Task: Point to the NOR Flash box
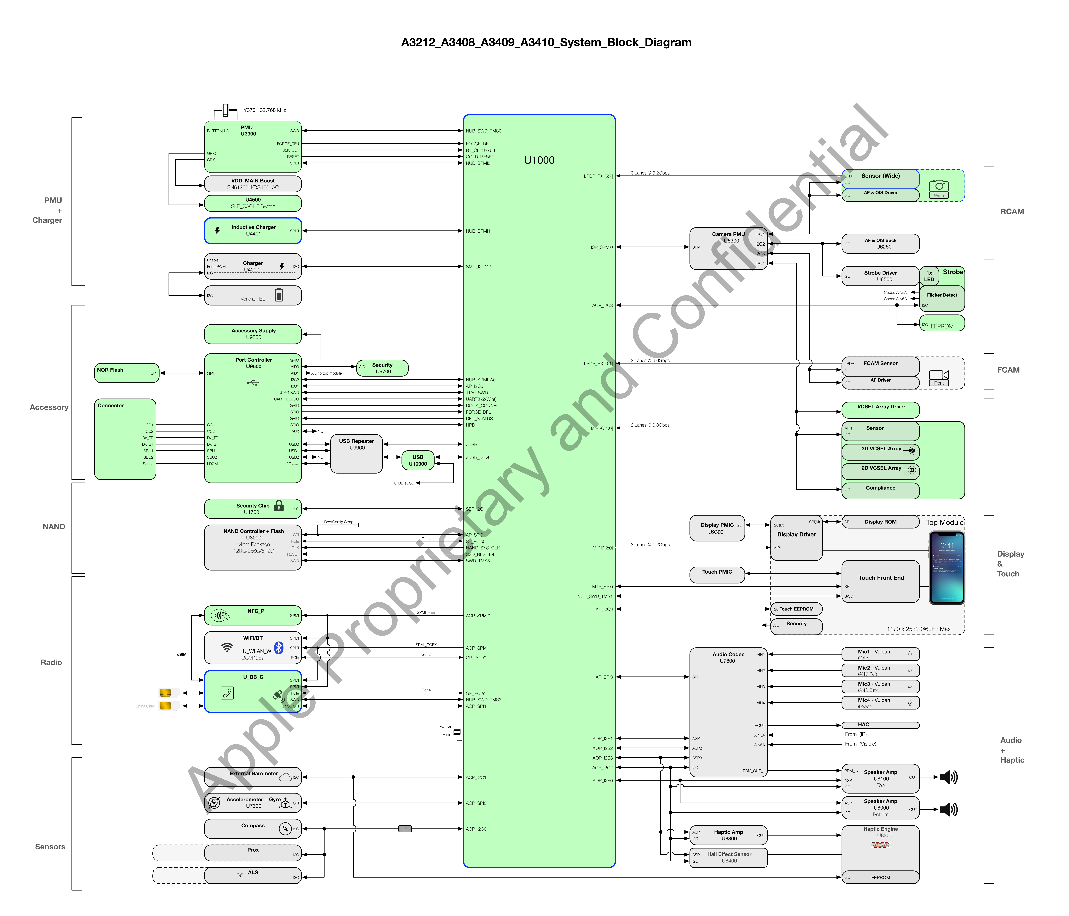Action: pyautogui.click(x=126, y=373)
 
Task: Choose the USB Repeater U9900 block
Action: pyautogui.click(x=356, y=454)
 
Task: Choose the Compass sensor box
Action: pyautogui.click(x=253, y=828)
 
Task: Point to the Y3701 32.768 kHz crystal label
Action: pyautogui.click(x=265, y=110)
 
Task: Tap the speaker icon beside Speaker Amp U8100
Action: pyautogui.click(x=948, y=777)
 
